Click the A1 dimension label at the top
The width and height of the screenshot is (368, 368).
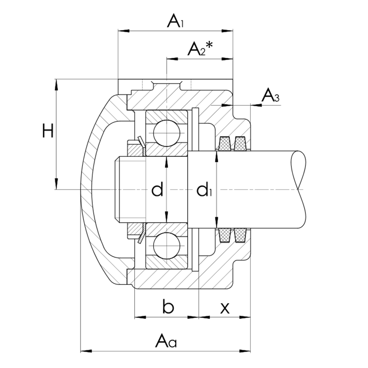pos(175,21)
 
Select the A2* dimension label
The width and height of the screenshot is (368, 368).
pos(200,48)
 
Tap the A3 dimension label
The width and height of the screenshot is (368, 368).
pos(270,95)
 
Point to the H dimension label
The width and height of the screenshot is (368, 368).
pos(48,131)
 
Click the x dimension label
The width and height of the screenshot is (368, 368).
pos(225,308)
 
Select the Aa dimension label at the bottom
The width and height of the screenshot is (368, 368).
pos(166,340)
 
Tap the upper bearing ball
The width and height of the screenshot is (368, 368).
pos(167,133)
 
